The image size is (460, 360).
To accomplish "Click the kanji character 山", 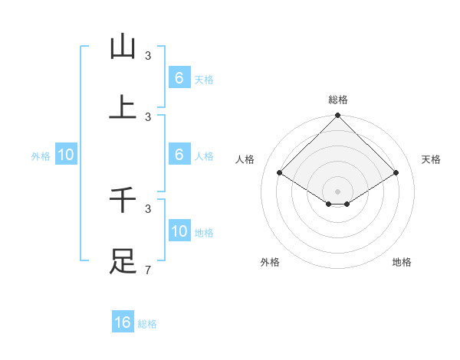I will (x=123, y=47).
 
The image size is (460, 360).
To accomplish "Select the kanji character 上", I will (x=123, y=108).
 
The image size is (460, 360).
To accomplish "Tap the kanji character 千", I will (x=123, y=200).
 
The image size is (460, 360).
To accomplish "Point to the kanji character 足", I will (x=123, y=261).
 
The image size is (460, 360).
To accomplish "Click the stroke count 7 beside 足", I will (x=148, y=270).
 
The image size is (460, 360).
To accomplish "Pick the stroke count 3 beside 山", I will (x=148, y=56).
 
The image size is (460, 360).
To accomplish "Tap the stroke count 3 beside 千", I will (x=148, y=208).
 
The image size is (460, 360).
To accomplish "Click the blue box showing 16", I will (x=123, y=322).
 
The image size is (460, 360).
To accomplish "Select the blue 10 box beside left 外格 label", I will (x=66, y=155).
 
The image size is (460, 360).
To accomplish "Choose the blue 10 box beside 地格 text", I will (x=179, y=231).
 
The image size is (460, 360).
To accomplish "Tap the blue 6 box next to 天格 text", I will (x=179, y=78).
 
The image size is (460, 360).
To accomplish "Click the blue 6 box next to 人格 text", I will (x=179, y=155).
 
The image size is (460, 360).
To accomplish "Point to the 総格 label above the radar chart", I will (x=337, y=100).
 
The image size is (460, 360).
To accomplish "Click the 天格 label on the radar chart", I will (x=431, y=159).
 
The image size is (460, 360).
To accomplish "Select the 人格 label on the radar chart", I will (x=245, y=159).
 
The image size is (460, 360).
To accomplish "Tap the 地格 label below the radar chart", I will (x=402, y=262).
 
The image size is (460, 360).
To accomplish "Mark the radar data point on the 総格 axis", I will (x=337, y=116).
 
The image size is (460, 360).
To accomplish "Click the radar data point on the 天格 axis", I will (x=396, y=173).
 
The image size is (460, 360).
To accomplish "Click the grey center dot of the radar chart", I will (x=337, y=191).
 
